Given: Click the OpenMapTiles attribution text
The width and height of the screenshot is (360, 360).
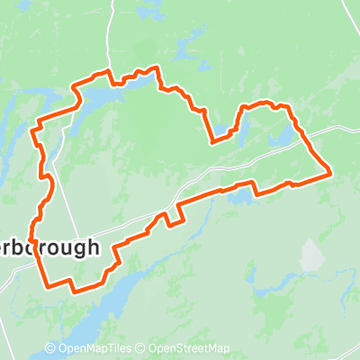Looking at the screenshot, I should (x=94, y=348).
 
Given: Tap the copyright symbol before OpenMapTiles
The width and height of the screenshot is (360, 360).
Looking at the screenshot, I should (x=50, y=348).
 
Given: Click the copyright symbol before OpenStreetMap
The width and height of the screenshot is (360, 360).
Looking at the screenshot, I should (x=142, y=348).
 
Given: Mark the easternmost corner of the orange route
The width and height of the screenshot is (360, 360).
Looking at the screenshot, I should (x=331, y=170).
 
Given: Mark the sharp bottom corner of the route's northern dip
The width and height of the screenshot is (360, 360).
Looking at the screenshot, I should (x=212, y=141).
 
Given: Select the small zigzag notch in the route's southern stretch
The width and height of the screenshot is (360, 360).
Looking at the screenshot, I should (x=166, y=218).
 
